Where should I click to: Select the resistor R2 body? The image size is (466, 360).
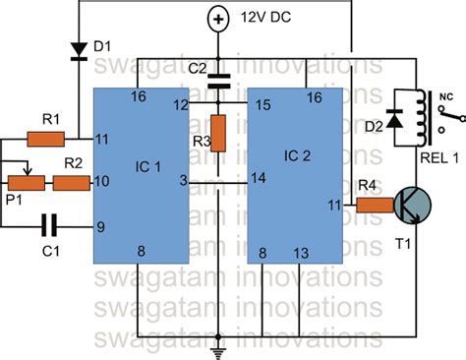(72, 182)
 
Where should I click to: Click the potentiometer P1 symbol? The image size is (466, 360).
(27, 181)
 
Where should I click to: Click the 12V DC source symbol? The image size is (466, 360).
(219, 17)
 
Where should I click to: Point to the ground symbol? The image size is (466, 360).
(219, 350)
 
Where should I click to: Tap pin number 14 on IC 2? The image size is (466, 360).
(259, 177)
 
